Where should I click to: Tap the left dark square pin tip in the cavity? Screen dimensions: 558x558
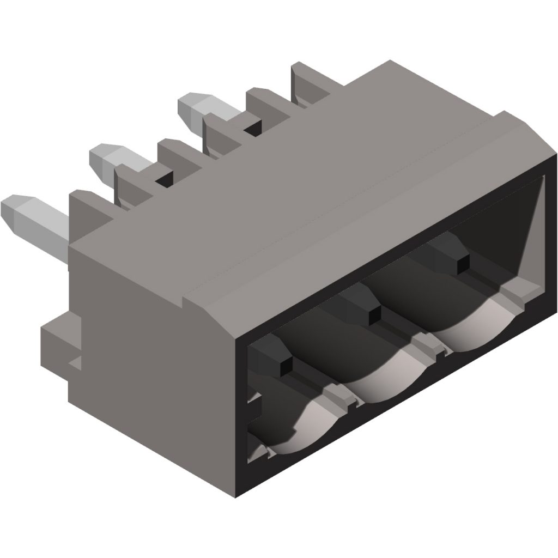284,369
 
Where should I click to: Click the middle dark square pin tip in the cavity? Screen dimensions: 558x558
373,316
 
